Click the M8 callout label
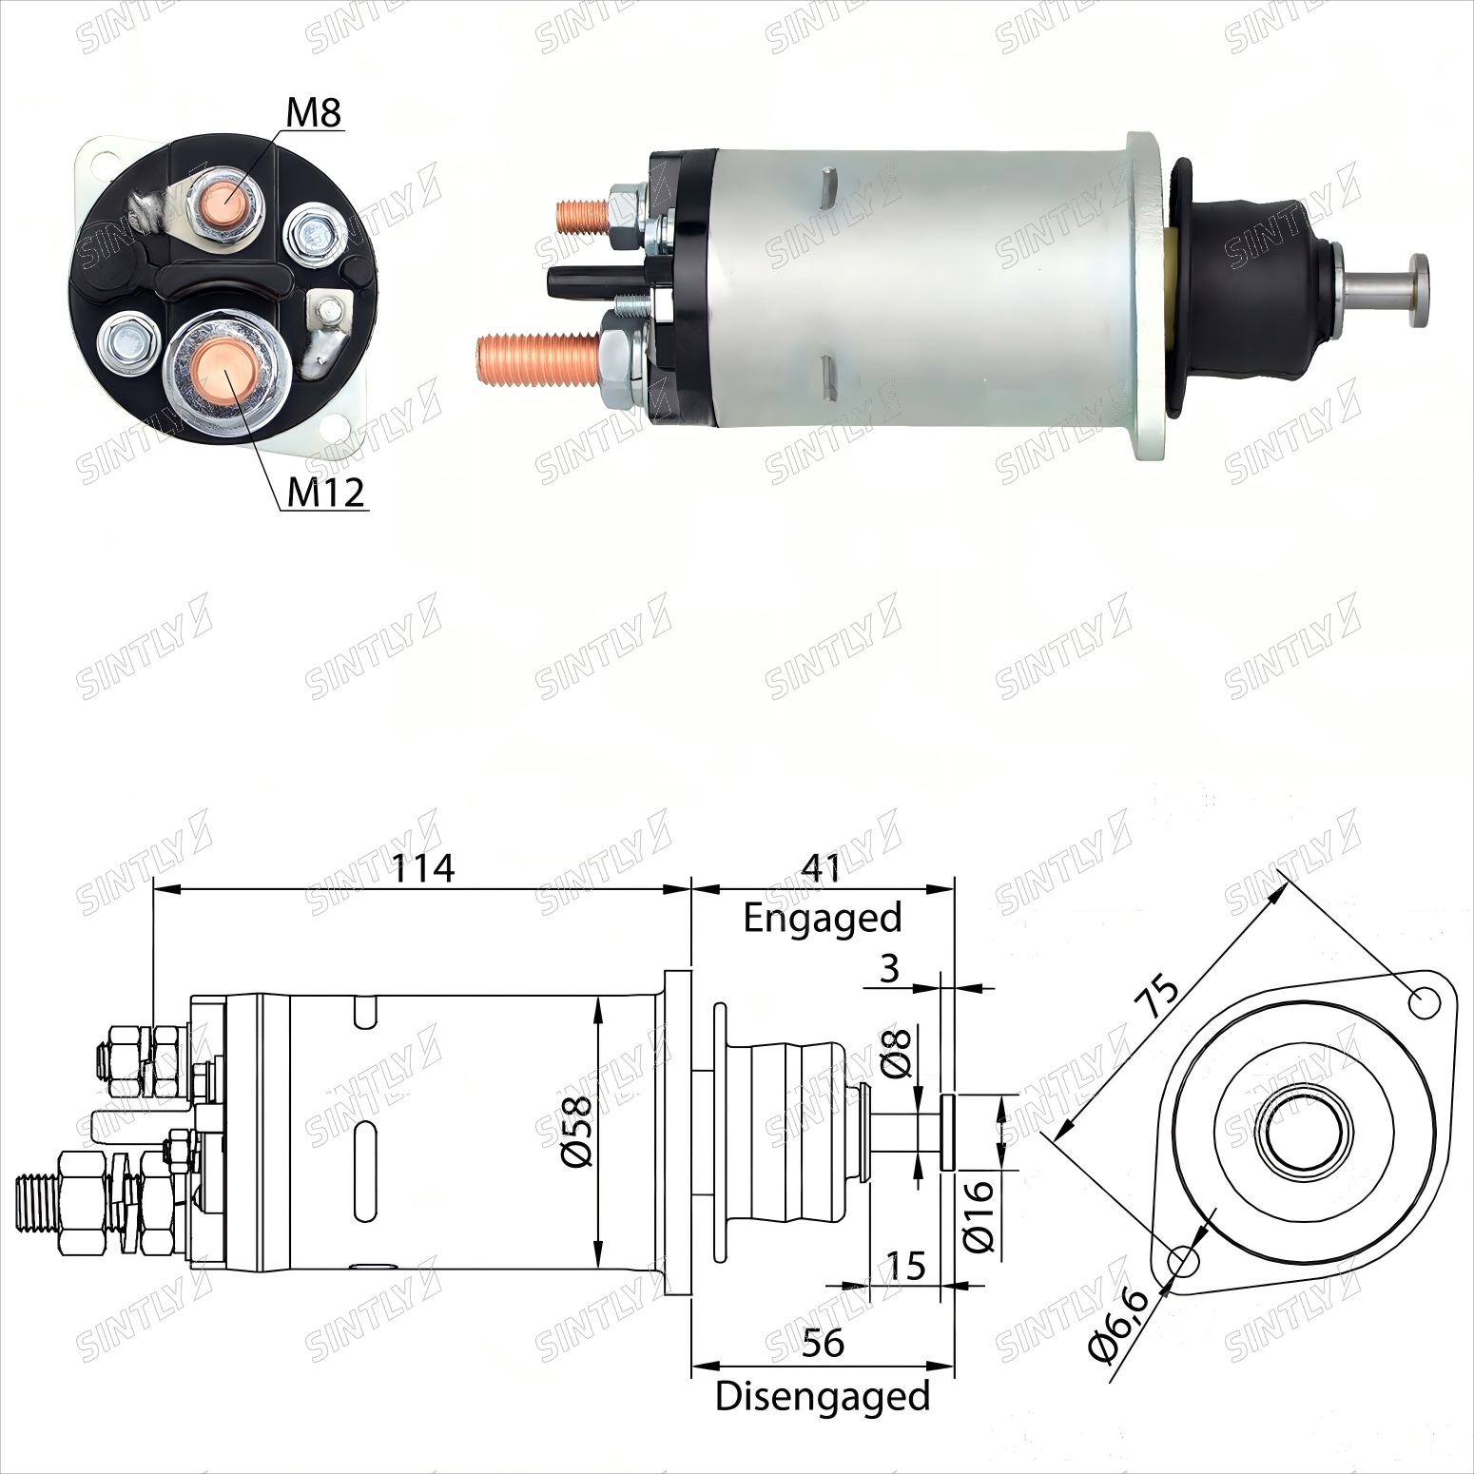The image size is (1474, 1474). point(314,112)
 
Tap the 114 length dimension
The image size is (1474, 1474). point(424,867)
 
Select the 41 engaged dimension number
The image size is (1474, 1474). point(822,867)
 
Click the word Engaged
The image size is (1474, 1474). point(823,919)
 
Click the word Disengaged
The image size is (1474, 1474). point(823,1396)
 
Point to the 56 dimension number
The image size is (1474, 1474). point(823,1343)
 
